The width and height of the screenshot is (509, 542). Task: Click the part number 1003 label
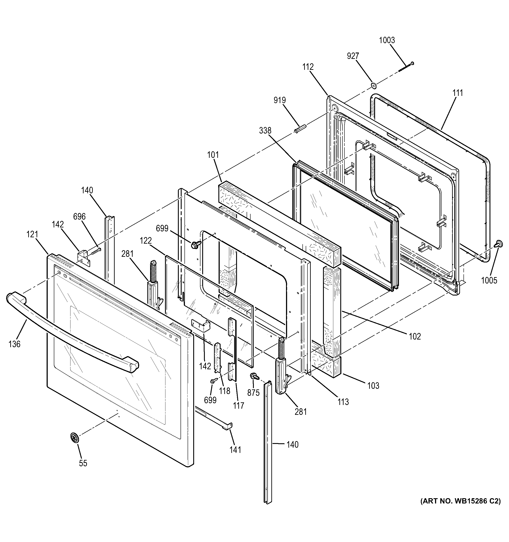(387, 40)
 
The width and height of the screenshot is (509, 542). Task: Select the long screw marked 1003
(406, 67)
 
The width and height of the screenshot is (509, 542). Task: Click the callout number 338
(265, 131)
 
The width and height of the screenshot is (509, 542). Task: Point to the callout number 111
(458, 93)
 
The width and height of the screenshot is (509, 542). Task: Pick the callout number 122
(146, 241)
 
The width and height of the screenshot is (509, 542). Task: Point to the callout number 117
(239, 406)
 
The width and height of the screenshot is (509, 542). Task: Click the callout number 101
(213, 155)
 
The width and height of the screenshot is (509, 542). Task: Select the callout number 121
(32, 234)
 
